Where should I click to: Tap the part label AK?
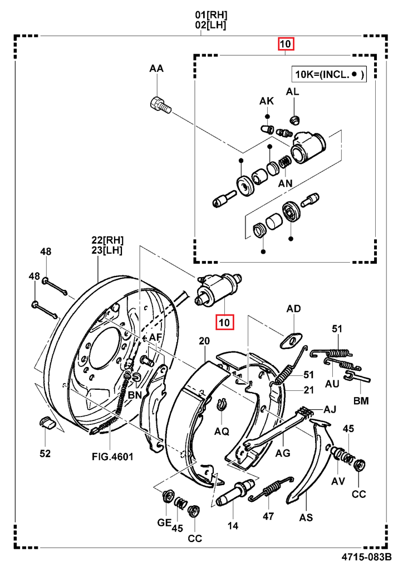pos(267,101)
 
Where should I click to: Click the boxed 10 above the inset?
pos(286,44)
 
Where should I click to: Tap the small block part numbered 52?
pos(47,423)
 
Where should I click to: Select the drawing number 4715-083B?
pos(366,557)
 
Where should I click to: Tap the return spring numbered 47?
pos(271,488)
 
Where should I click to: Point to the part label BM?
pos(360,400)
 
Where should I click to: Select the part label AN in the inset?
pos(286,182)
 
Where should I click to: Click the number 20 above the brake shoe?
pos(204,341)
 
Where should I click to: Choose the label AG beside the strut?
pos(283,453)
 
